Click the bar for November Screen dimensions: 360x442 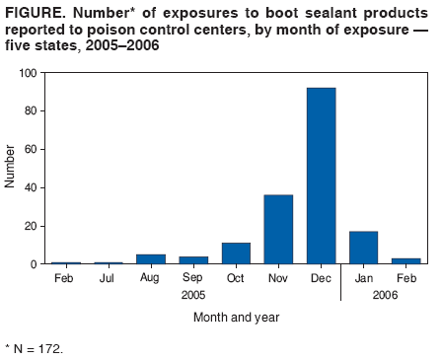[278, 229]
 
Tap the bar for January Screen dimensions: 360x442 [363, 248]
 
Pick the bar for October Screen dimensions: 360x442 [236, 253]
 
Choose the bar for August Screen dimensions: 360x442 [151, 259]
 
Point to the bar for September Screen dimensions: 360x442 [193, 260]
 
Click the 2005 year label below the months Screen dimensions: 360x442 [193, 295]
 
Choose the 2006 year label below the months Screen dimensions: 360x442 [385, 295]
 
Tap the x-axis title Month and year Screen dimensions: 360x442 [236, 317]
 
